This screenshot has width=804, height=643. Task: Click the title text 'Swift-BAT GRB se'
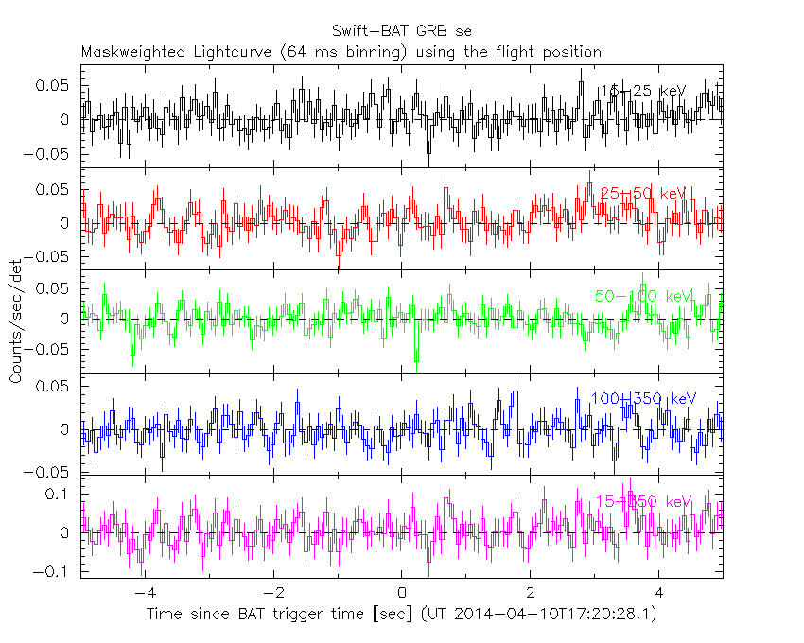point(402,31)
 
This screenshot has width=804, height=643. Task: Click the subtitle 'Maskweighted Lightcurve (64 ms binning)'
point(245,51)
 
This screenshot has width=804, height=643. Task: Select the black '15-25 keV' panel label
point(642,91)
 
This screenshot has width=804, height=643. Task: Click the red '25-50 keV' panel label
point(642,193)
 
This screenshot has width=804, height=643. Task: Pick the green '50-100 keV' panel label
point(642,296)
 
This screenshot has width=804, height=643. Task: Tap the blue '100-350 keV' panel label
point(642,399)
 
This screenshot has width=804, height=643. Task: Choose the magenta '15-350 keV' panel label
point(642,501)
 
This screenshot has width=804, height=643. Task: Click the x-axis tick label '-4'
point(144,594)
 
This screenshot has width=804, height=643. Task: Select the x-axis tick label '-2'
point(272,594)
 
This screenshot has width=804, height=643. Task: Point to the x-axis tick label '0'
point(402,594)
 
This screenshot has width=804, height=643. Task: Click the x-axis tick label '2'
point(531,594)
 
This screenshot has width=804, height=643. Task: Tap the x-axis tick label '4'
point(659,594)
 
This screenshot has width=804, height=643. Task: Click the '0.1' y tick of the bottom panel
point(61,495)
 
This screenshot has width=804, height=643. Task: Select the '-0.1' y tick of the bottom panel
point(55,572)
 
